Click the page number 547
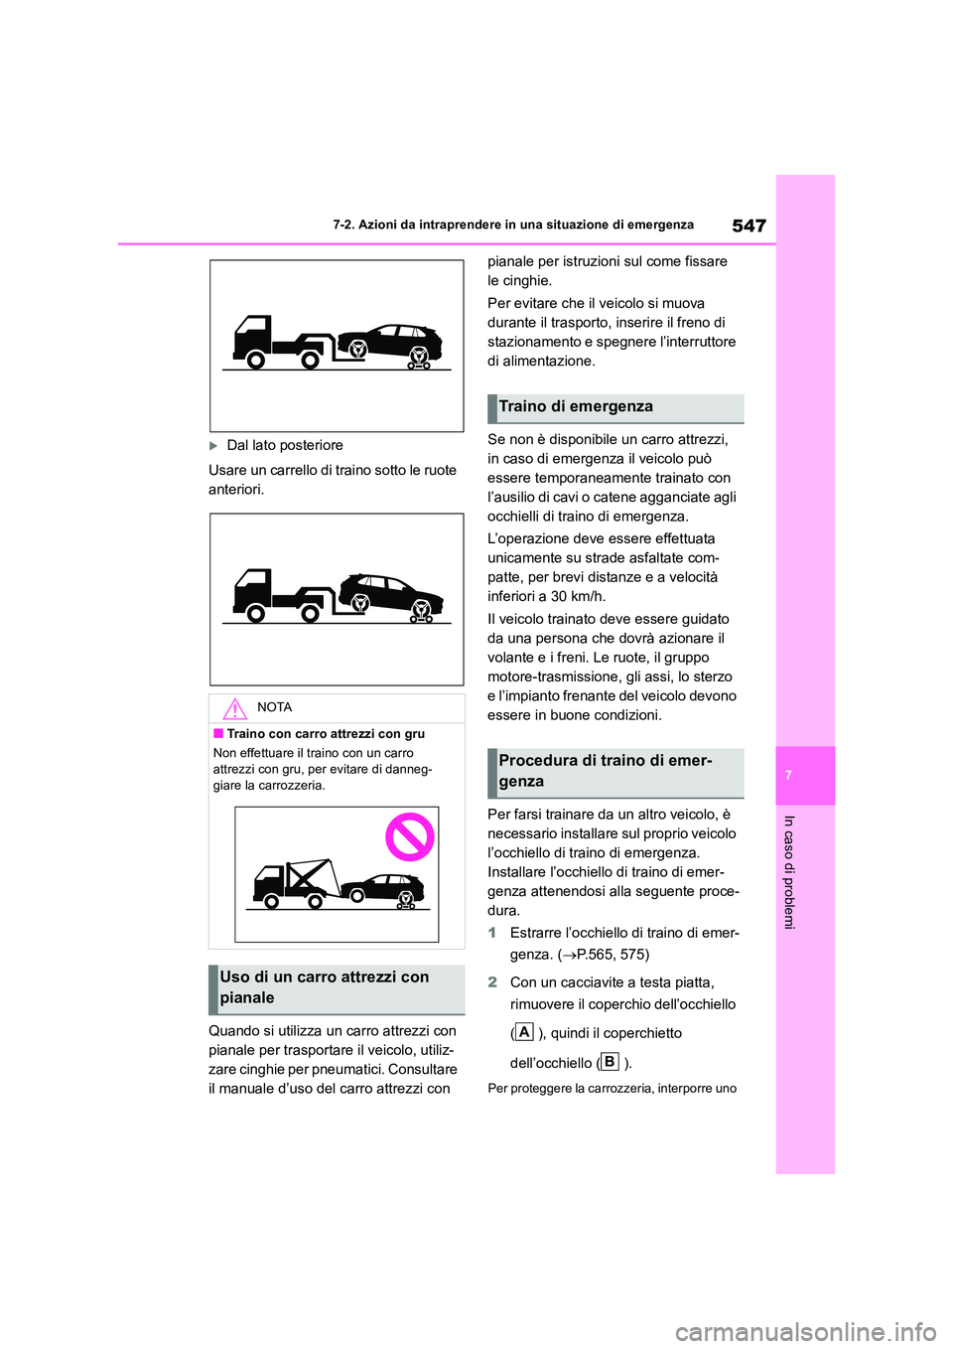tap(749, 225)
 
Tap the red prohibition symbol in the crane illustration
tap(410, 836)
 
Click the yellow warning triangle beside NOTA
tap(235, 709)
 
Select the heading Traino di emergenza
tap(576, 407)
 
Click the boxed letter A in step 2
tap(524, 1032)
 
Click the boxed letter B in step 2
tap(610, 1062)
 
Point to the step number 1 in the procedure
tap(492, 934)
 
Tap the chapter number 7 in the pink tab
tap(788, 775)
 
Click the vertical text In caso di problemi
tap(789, 872)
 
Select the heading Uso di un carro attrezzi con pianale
tap(325, 987)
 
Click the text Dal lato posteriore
tap(285, 446)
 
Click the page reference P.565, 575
tap(608, 955)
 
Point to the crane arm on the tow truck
tap(310, 875)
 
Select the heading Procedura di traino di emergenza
tap(605, 772)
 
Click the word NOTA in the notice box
tap(274, 708)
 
